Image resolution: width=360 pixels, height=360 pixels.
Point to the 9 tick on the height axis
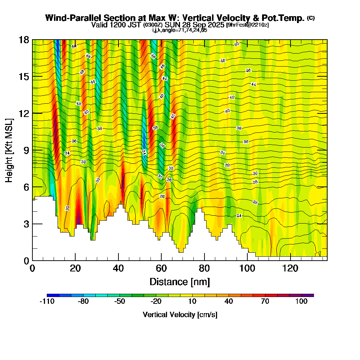click(32, 150)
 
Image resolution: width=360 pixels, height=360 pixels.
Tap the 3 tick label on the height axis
click(26, 224)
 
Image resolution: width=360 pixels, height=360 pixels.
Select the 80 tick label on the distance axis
click(204, 269)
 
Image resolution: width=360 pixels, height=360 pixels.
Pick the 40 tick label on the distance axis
click(118, 269)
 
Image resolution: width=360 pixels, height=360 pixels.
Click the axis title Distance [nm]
click(180, 282)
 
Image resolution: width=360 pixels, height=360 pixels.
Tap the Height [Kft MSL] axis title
click(9, 150)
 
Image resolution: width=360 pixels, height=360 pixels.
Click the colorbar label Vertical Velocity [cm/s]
click(180, 315)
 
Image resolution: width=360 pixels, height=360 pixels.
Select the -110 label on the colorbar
click(47, 302)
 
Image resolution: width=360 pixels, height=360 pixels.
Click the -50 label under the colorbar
click(120, 302)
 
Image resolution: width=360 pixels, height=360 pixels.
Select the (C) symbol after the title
click(311, 18)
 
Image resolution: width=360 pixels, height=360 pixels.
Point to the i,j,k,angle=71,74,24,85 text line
click(180, 30)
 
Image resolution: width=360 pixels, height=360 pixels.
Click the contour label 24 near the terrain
click(239, 215)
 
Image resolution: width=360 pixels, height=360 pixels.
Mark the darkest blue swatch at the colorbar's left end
click(53, 295)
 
